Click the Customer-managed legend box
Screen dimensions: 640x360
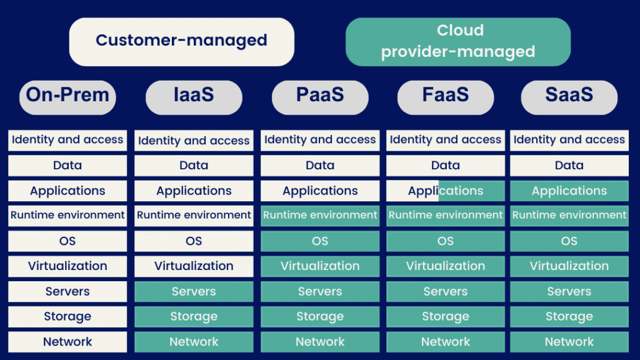pos(182,42)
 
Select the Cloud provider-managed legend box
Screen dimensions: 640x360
pos(458,42)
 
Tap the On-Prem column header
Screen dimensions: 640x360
pos(67,97)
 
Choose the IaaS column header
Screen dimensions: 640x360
pos(194,97)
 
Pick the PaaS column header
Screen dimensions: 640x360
pos(320,97)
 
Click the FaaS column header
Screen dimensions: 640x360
pos(446,97)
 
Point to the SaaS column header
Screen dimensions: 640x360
pos(569,97)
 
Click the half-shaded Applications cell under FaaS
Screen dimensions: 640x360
pos(446,191)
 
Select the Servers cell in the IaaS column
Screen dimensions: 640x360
pos(194,291)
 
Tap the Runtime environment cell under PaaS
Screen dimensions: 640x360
pos(320,216)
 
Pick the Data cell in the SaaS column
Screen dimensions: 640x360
pos(569,165)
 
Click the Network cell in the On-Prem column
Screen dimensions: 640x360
pos(67,342)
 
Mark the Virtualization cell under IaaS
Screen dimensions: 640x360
pos(194,266)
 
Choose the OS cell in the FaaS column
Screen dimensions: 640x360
pos(446,241)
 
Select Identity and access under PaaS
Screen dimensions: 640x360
pos(320,141)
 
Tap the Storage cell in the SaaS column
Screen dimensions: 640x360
pos(569,317)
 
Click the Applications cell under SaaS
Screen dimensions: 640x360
pos(569,191)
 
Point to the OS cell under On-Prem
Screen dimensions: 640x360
pos(67,241)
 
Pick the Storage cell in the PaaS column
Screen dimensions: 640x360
pos(320,317)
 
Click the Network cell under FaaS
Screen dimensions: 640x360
pos(446,342)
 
